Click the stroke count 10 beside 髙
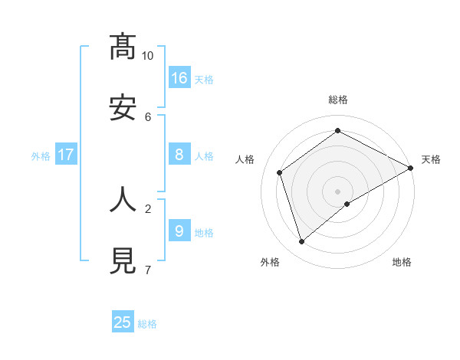(x=148, y=56)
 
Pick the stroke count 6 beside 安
(x=148, y=116)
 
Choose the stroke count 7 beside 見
(x=148, y=270)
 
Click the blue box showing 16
(x=179, y=77)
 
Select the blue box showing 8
(x=179, y=155)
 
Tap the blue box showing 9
(x=179, y=231)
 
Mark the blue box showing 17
(x=66, y=155)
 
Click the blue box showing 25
(x=123, y=322)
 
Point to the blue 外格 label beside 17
(x=41, y=156)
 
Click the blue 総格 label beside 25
(x=147, y=324)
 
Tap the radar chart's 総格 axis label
(x=338, y=100)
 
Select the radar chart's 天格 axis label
(x=431, y=159)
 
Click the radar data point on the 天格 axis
(x=411, y=167)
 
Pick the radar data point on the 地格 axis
(x=347, y=204)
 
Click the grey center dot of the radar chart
(x=338, y=191)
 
